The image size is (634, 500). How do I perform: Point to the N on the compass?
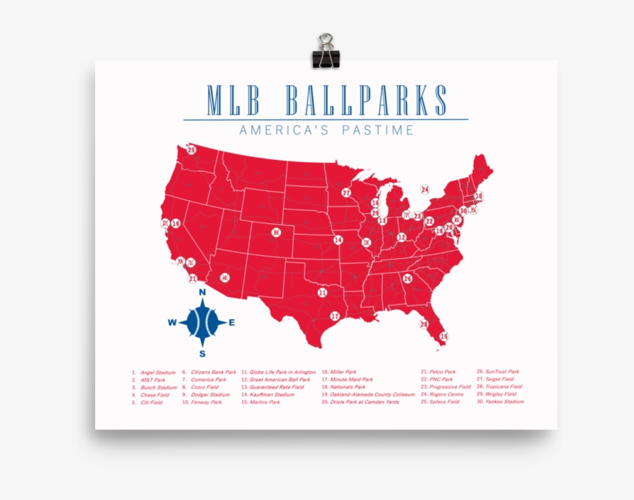point(202,292)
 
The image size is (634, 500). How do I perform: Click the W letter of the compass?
point(172,323)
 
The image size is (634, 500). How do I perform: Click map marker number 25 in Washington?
point(191,150)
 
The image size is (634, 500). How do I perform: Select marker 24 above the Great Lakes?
point(424,189)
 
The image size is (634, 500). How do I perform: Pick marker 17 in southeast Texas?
point(335,316)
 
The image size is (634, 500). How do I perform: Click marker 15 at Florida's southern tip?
point(444,336)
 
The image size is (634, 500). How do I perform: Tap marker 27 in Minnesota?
point(346,192)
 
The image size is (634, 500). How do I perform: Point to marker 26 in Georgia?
point(407,278)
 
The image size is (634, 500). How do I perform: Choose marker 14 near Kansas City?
point(338,240)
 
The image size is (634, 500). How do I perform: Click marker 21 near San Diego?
point(193,278)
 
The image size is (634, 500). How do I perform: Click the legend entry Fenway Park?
point(206,403)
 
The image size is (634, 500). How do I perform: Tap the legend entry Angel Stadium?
point(158,372)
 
